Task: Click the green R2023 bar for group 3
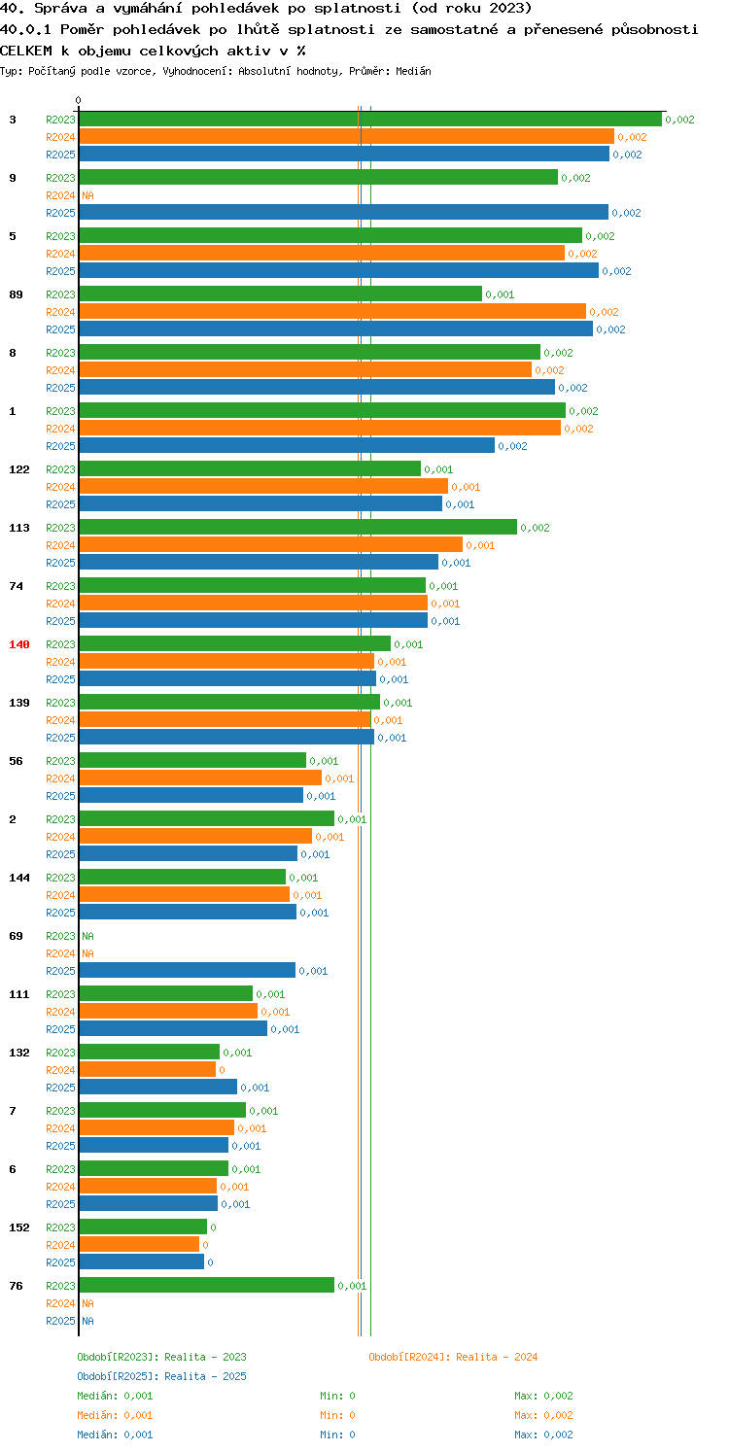click(370, 120)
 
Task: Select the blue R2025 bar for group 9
click(344, 213)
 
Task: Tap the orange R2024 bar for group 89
click(332, 312)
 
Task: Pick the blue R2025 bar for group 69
click(188, 970)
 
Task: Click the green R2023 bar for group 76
click(207, 1286)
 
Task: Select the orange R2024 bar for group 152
click(139, 1245)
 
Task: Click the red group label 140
click(19, 644)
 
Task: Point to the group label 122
click(19, 469)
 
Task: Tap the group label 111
click(19, 994)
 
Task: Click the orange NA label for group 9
click(87, 195)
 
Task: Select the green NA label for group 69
click(87, 936)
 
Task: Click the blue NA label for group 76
click(87, 1321)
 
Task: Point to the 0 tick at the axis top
click(79, 100)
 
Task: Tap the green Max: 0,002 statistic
click(543, 1396)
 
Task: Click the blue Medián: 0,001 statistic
click(115, 1435)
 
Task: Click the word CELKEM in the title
click(26, 51)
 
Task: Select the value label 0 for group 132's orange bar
click(222, 1070)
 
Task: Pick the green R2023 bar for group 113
click(298, 527)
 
